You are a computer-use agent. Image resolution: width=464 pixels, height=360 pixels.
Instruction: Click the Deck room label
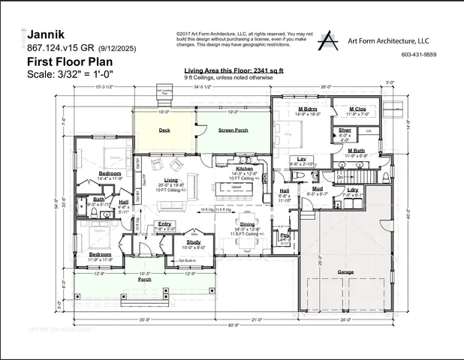pos(164,130)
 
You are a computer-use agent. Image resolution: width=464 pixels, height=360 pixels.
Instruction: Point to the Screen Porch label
pos(233,130)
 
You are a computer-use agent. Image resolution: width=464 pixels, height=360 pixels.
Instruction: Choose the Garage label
pos(345,271)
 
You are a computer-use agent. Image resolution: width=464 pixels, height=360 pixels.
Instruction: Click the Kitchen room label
pos(245,169)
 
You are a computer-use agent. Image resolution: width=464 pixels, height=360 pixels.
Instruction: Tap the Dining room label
pos(247,224)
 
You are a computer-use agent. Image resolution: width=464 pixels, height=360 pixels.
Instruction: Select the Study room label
pos(194,241)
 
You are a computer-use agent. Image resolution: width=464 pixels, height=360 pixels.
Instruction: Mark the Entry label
pos(164,223)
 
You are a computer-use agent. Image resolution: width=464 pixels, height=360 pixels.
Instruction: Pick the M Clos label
pos(357,109)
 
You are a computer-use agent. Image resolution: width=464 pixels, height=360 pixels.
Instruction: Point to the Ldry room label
pos(354,189)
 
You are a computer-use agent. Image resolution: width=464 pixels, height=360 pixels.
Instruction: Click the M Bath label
pos(357,151)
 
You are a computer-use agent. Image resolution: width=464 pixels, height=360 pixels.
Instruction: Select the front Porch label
pos(144,280)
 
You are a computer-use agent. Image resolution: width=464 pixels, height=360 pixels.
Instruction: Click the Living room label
pos(171,180)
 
